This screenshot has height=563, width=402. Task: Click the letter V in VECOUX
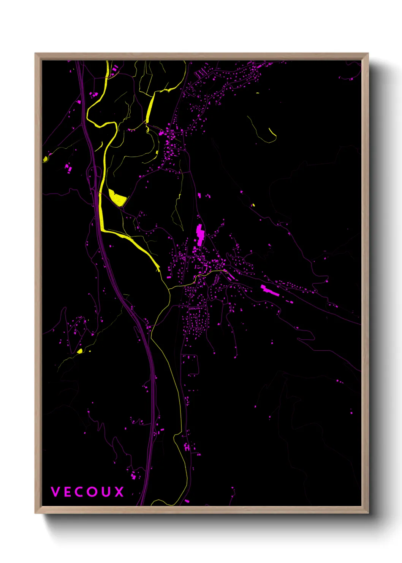[x=55, y=492]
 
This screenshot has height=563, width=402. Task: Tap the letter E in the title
[x=68, y=492]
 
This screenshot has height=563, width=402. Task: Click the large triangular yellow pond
[x=117, y=198]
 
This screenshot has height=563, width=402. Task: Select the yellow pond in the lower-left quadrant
[x=80, y=351]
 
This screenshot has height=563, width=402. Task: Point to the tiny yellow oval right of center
[x=253, y=205]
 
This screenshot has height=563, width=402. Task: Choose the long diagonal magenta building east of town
[x=270, y=290]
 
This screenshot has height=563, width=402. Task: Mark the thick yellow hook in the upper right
[x=272, y=132]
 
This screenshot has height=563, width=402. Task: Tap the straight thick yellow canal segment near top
[x=150, y=109]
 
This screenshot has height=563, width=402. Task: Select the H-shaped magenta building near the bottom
[x=187, y=447]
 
